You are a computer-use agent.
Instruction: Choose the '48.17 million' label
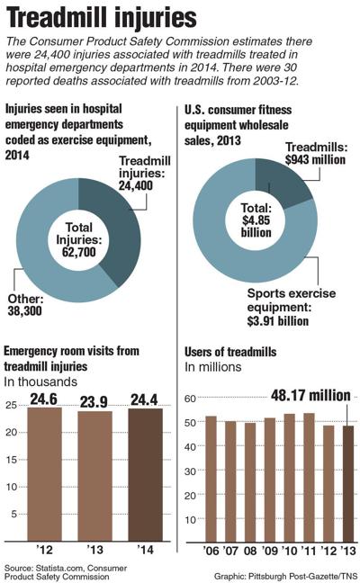(304, 394)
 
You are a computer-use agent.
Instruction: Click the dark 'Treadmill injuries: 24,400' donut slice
(122, 225)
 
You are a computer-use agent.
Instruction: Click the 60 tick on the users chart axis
(189, 399)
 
